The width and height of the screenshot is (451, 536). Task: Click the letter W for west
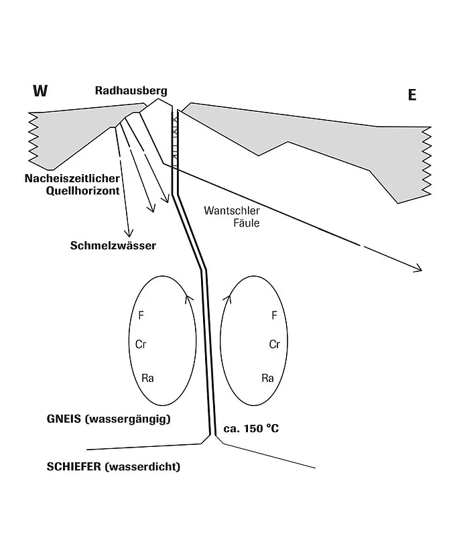tap(40, 90)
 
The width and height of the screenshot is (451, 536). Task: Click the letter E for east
tap(412, 94)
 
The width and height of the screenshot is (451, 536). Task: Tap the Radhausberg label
tap(131, 90)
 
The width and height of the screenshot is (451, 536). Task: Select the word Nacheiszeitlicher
tap(72, 178)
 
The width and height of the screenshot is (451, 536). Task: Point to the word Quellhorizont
tap(82, 191)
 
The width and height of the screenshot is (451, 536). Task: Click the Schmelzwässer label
tap(113, 245)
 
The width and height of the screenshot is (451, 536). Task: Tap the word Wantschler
tap(232, 210)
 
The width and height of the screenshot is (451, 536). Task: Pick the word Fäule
tap(247, 223)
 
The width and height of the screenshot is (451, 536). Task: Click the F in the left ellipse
tap(141, 315)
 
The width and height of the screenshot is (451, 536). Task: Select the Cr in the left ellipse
tap(141, 344)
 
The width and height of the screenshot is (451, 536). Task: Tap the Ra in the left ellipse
tap(147, 378)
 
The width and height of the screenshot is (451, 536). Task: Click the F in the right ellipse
tap(274, 315)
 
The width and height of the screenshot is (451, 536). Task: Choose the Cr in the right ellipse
tap(275, 344)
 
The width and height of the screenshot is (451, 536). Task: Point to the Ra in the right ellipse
tap(268, 378)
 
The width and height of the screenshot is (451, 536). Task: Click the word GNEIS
tap(64, 419)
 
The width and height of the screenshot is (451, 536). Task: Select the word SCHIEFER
tap(74, 466)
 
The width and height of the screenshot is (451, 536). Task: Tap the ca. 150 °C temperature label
tap(251, 428)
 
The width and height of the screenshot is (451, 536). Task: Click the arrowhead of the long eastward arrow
tap(419, 269)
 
